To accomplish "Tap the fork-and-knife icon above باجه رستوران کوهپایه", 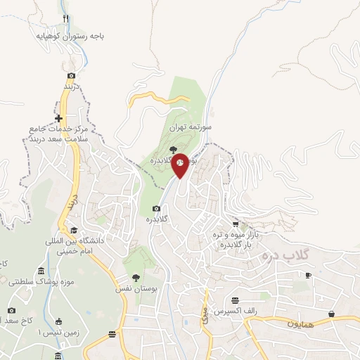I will (x=66, y=18).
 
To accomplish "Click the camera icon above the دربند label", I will (x=71, y=75).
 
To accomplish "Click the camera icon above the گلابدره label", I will (x=156, y=208).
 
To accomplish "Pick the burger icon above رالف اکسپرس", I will (x=244, y=300).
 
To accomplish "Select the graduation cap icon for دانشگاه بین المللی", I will (x=73, y=229).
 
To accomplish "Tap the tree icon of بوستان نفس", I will (x=136, y=278).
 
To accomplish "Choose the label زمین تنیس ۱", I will (x=44, y=331).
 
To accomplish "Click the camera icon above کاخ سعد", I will (x=11, y=310).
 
